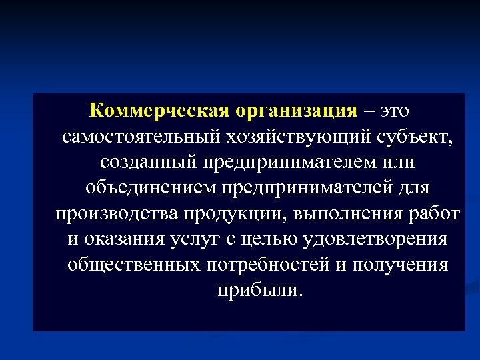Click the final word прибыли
259,290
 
